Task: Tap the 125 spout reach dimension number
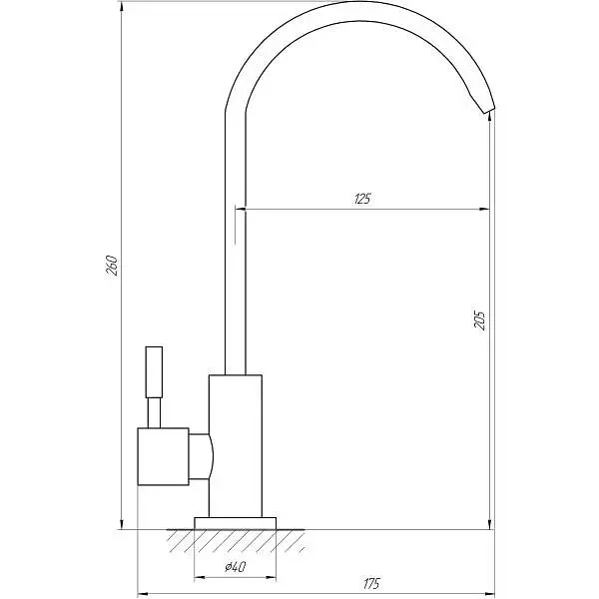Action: tap(362, 199)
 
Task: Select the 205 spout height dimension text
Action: tap(479, 318)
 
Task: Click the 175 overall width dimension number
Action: tap(371, 583)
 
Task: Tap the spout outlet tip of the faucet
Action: tap(488, 110)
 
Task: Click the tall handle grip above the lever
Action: tap(154, 372)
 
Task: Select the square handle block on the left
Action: tap(163, 456)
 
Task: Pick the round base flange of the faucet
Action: tap(235, 523)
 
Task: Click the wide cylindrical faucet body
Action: tap(236, 446)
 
